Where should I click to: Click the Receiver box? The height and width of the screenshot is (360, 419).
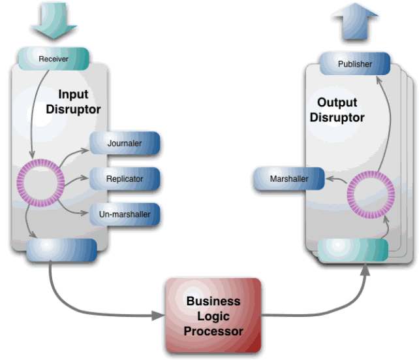point(54,59)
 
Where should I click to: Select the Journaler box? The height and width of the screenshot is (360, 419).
point(125,143)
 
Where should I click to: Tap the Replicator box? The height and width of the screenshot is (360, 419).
point(125,178)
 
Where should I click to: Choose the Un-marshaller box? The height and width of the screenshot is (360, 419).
point(125,214)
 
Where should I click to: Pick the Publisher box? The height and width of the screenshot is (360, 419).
point(355,64)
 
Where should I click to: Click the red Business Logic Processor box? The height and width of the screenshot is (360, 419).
point(213,316)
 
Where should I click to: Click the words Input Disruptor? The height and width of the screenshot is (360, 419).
point(73,102)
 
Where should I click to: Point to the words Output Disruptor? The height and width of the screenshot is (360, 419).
point(337,110)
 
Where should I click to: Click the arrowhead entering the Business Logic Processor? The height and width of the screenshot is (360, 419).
point(157,316)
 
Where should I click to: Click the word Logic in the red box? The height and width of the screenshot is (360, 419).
point(213,316)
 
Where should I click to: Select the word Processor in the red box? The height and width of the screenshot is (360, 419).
point(213,331)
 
